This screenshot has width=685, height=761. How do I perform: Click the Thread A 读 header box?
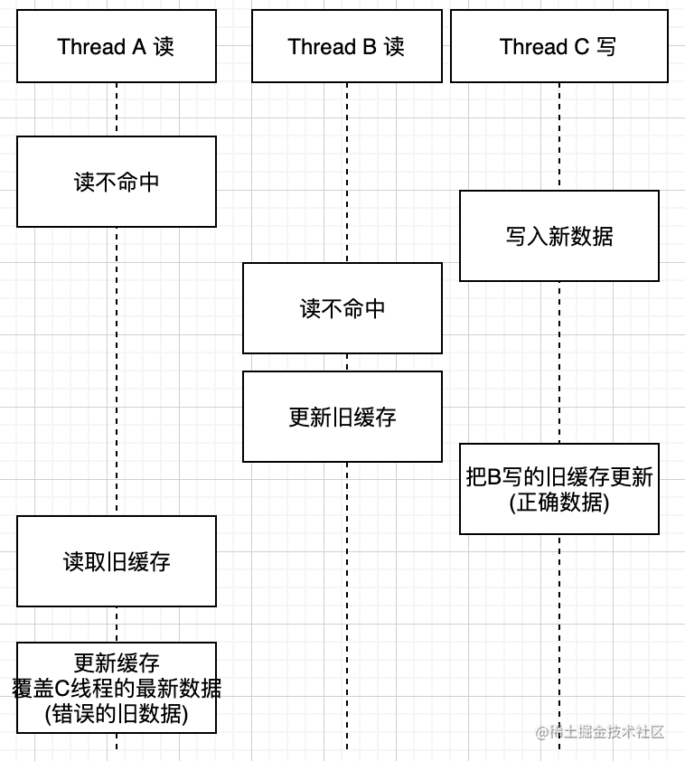coord(116,46)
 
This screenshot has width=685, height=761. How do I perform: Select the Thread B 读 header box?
coord(346,46)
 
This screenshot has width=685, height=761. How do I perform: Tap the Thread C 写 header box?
coord(558,46)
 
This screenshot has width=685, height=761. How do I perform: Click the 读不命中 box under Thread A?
coord(116,182)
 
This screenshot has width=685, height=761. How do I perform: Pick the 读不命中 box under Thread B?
coord(342,308)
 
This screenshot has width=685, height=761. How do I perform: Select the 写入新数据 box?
coord(558,236)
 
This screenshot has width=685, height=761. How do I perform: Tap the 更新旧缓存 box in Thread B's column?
coord(342,417)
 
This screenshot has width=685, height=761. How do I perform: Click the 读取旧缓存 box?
coord(116,561)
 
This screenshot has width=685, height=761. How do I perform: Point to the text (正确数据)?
coord(558,503)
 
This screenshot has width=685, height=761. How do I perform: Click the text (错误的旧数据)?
coord(116,714)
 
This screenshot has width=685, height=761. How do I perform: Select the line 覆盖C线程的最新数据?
coord(116,689)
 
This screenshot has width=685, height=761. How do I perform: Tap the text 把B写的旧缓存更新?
coord(558,477)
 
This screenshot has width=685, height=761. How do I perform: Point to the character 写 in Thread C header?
coord(606,46)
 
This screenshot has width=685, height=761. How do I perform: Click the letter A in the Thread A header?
coord(139,46)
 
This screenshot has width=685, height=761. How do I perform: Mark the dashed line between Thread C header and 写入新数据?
coord(558,136)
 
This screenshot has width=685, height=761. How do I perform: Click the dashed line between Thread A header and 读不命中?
coord(116,109)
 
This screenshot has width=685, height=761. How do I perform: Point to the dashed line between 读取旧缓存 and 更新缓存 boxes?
coord(116,625)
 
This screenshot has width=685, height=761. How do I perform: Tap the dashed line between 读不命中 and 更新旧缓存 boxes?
coord(346,362)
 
